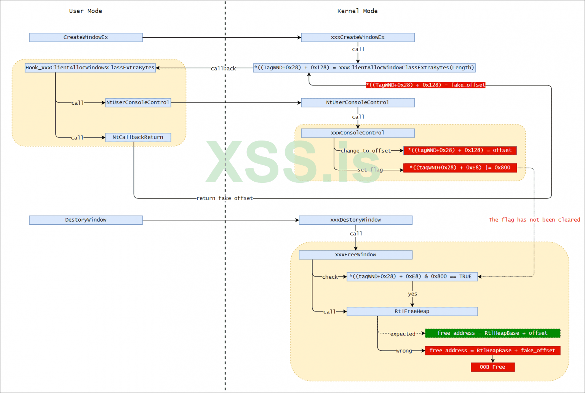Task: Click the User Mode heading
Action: click(x=85, y=11)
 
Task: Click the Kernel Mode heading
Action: click(x=357, y=11)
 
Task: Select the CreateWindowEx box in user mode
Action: click(x=86, y=37)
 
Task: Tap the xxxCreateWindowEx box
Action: click(x=358, y=37)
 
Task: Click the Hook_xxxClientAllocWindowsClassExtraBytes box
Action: click(x=90, y=68)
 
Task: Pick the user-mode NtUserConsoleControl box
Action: click(x=138, y=102)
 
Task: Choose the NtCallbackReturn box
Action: click(x=138, y=137)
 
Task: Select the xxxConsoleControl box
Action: click(x=358, y=133)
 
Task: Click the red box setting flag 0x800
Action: click(x=460, y=168)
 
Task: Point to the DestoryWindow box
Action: click(x=86, y=220)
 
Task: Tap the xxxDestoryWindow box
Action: click(x=355, y=220)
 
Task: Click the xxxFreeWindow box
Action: click(x=355, y=255)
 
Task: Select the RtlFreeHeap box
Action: click(x=412, y=312)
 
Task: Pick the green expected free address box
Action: click(x=492, y=333)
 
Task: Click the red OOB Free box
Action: click(x=492, y=367)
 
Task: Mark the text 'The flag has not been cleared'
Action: click(x=534, y=220)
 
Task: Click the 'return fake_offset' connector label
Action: click(x=224, y=198)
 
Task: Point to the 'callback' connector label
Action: click(x=223, y=69)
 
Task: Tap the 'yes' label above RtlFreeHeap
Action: click(x=412, y=294)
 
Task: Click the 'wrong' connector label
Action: click(x=404, y=351)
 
